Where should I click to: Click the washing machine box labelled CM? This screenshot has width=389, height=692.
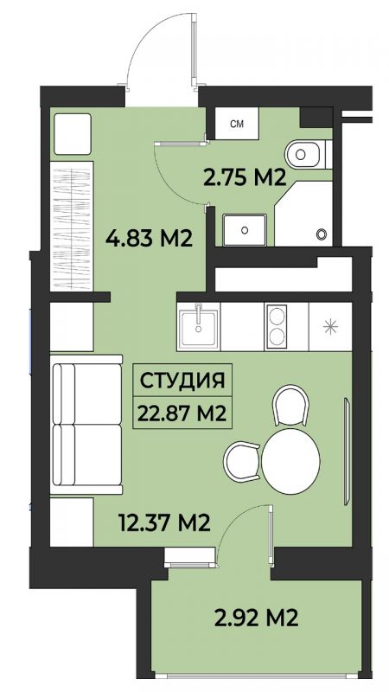(x=237, y=124)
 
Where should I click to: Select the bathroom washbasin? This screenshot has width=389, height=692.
(x=245, y=230)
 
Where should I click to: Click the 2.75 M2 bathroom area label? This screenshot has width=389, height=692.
(x=246, y=177)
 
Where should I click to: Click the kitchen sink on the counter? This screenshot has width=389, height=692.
(x=199, y=327)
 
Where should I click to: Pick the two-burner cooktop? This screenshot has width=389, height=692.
(x=277, y=327)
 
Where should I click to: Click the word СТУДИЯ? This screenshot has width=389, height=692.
(x=182, y=381)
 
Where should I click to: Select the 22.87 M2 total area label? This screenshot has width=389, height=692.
(x=182, y=413)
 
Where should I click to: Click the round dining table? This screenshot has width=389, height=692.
(x=290, y=461)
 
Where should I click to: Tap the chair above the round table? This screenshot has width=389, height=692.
(x=290, y=406)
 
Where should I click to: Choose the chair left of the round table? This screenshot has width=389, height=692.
(x=243, y=462)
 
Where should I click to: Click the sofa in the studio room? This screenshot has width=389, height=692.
(x=86, y=425)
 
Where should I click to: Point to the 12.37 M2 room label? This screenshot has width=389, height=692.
(x=164, y=523)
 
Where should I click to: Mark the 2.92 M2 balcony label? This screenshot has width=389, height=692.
(x=256, y=618)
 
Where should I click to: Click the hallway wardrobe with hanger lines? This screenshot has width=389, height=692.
(x=72, y=226)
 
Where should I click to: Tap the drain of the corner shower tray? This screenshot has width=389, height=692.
(x=322, y=234)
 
